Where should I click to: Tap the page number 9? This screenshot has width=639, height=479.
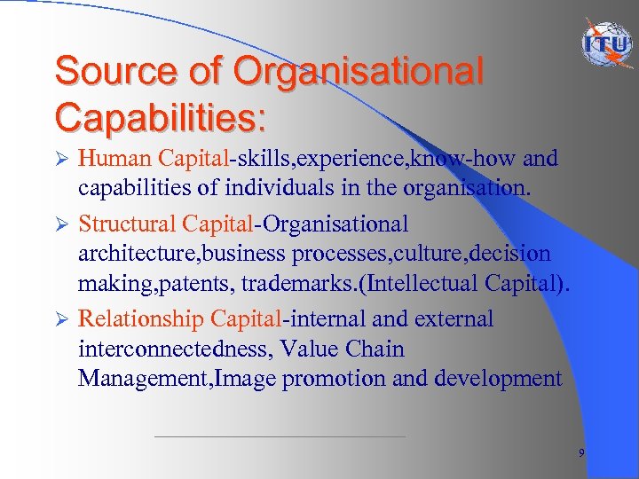581,453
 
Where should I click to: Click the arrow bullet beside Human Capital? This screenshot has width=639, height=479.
61,160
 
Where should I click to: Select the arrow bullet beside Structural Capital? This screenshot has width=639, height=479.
61,224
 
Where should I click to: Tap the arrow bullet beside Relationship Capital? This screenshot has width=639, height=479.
61,319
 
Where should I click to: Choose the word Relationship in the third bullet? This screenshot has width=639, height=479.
141,319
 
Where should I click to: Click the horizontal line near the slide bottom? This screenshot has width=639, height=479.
280,436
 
